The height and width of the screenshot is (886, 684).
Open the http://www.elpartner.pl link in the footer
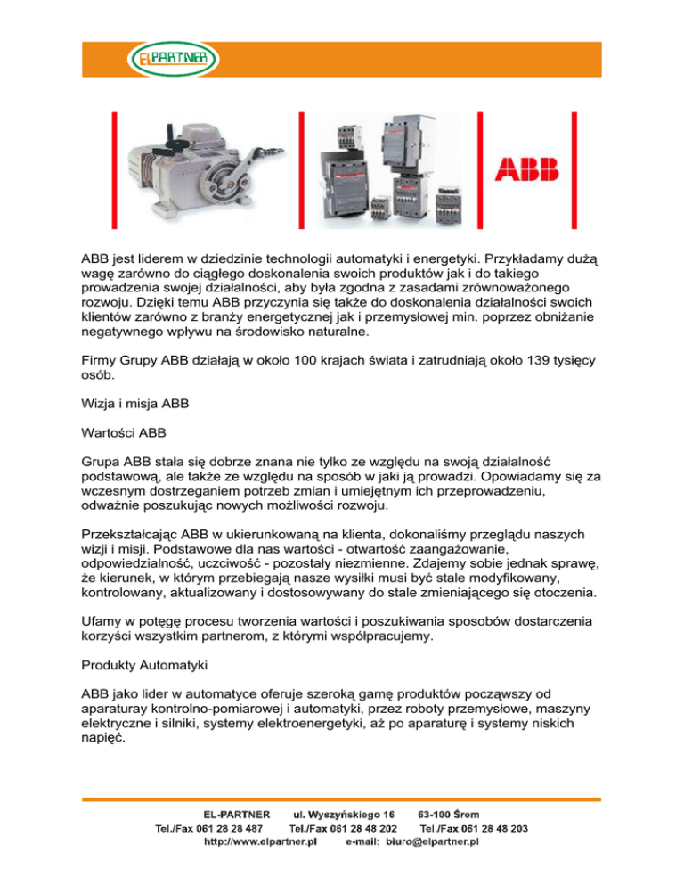(261, 841)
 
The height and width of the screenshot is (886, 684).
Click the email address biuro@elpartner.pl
(434, 841)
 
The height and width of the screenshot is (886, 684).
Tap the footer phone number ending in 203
(474, 828)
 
